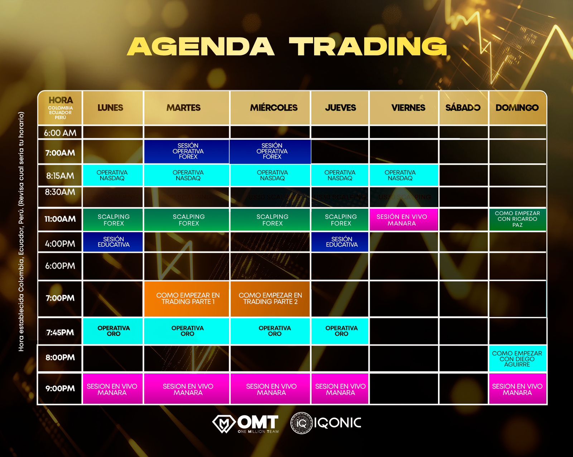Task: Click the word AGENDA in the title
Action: point(201,46)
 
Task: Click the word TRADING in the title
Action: point(368,46)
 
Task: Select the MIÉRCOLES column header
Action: point(274,108)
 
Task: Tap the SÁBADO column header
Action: point(463,108)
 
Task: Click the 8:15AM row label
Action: point(60,176)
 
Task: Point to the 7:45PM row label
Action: point(60,332)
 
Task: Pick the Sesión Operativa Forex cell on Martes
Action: point(188,151)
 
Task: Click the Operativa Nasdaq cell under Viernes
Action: point(400,175)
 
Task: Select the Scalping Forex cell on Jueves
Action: point(341,220)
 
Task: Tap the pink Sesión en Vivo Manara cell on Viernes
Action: point(402,220)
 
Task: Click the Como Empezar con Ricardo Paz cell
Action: point(517,219)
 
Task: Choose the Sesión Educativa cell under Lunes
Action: point(113,242)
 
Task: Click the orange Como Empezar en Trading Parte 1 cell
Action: point(188,299)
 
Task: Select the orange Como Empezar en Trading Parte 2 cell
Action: point(270,299)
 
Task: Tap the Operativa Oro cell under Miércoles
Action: point(274,331)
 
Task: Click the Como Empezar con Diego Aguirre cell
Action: point(517,359)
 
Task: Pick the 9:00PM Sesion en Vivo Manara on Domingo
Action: point(517,389)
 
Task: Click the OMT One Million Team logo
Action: point(246,424)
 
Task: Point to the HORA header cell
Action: point(60,108)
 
